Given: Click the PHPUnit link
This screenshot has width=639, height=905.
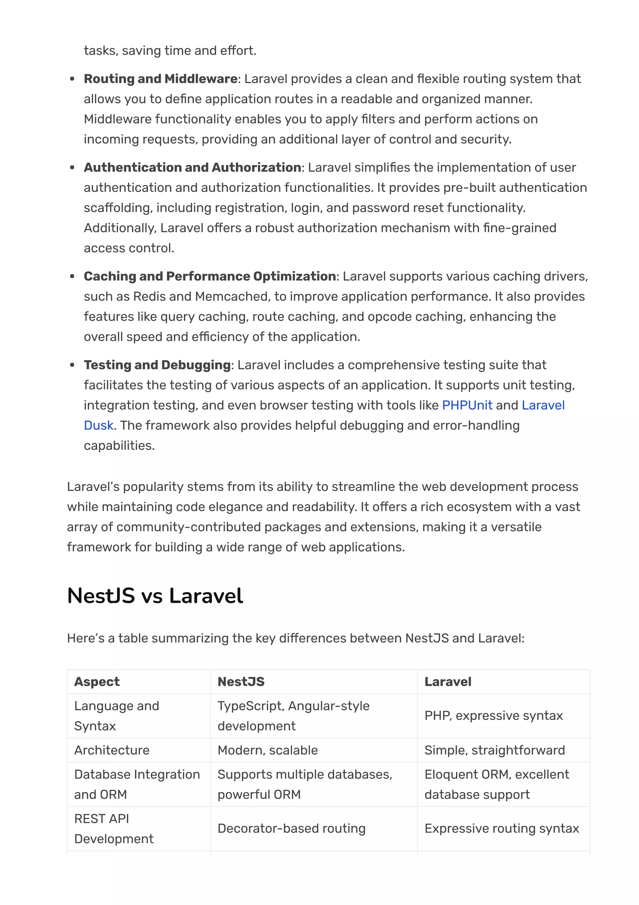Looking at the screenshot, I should (467, 405).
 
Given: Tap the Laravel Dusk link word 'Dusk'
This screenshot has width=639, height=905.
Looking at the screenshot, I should (98, 425).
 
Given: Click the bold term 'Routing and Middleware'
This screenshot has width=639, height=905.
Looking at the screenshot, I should (160, 79).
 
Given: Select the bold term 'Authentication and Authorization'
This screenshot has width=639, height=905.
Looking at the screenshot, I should (192, 167).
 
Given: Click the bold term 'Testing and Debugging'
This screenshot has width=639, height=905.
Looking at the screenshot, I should (157, 365).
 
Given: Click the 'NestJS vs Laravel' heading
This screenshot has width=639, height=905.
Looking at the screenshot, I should (155, 596).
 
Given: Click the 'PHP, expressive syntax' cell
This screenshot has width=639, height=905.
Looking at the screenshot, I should (493, 715).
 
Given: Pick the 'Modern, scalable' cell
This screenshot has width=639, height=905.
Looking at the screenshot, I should (267, 750).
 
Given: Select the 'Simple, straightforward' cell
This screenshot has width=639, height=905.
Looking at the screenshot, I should (495, 750).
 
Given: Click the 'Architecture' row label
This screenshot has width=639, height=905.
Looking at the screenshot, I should (112, 750).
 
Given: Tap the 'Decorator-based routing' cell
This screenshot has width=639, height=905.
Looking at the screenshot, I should (291, 828).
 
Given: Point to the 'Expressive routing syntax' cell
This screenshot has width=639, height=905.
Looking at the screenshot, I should (502, 828).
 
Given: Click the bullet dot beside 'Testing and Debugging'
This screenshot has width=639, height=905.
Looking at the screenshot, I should (72, 365).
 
